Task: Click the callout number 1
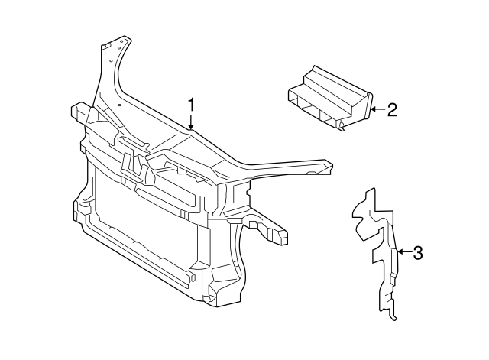point(192,104)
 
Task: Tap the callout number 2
point(392,110)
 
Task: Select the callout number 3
point(416,252)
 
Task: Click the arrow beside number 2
point(377,110)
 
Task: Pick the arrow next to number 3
point(403,252)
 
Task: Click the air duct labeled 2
point(329,99)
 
